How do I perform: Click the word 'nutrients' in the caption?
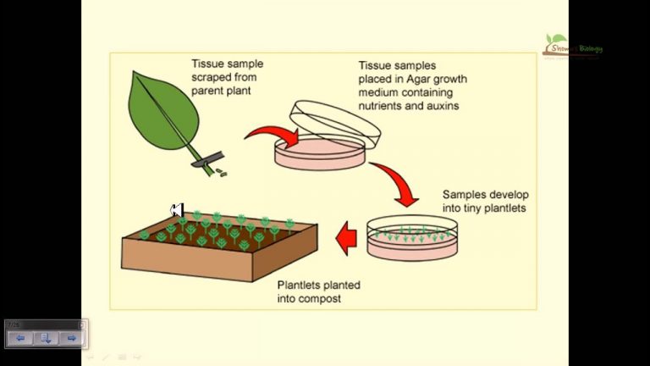382,106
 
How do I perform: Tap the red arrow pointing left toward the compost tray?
345,238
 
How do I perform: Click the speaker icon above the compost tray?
177,209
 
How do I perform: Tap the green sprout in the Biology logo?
555,39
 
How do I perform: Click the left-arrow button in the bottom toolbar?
20,338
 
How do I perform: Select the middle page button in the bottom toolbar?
46,338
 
